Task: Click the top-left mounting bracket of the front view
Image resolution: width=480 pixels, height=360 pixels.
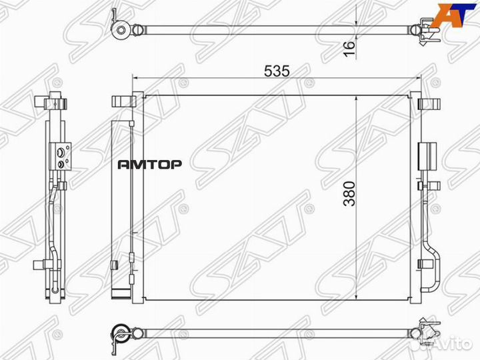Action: coord(123,101)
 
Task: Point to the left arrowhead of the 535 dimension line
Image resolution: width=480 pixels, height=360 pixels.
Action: coord(140,78)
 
